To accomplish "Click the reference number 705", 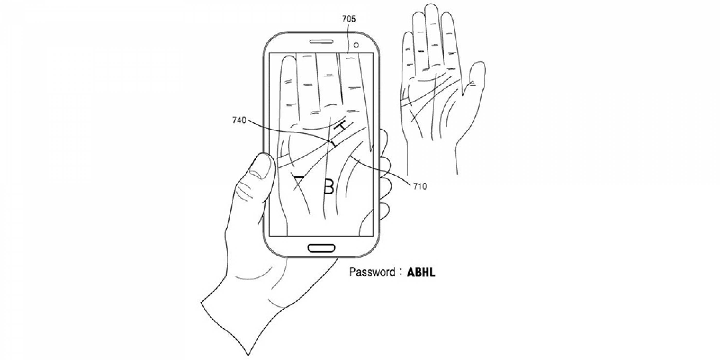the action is pyautogui.click(x=349, y=19).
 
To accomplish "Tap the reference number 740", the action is pyautogui.click(x=239, y=120).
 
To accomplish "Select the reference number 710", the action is pyautogui.click(x=420, y=186).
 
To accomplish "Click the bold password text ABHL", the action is pyautogui.click(x=421, y=272).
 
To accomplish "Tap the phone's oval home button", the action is pyautogui.click(x=321, y=248).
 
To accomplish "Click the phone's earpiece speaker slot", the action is pyautogui.click(x=321, y=42).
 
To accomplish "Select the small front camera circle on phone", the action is pyautogui.click(x=356, y=45).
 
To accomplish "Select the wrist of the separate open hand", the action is pyautogui.click(x=432, y=157).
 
